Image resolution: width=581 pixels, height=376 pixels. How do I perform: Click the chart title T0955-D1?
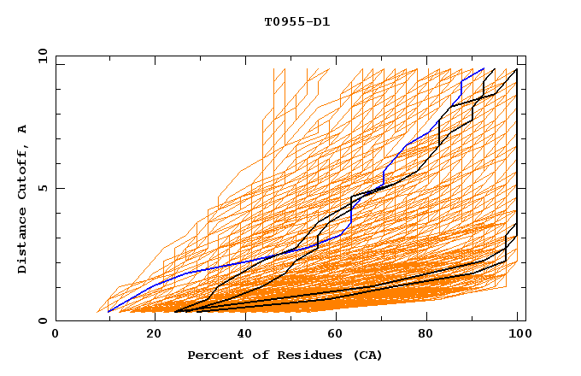click(x=296, y=21)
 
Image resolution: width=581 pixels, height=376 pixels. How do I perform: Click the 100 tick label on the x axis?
click(x=515, y=334)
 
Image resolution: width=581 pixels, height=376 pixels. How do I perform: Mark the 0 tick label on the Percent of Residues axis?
click(x=56, y=334)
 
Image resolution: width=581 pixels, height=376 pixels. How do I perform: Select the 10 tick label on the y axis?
click(x=39, y=55)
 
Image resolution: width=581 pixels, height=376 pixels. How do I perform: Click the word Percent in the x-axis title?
click(x=213, y=355)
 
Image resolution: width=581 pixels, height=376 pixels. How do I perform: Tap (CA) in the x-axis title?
click(x=366, y=355)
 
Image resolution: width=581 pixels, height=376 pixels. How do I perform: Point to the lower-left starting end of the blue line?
click(x=109, y=311)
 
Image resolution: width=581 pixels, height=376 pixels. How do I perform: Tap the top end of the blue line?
click(x=484, y=68)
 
